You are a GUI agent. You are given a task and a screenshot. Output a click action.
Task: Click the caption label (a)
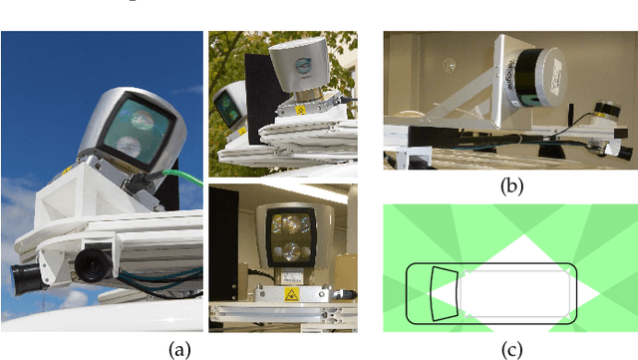click(179, 349)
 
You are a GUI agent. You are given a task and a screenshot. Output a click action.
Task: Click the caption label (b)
click(509, 183)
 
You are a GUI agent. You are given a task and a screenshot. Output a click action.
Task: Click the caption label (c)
click(510, 348)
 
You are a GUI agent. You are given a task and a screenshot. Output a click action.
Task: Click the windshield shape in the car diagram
click(442, 295)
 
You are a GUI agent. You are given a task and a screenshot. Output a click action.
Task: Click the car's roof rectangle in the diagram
click(512, 294)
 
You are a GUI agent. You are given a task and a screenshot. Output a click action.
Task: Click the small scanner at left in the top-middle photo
click(228, 106)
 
